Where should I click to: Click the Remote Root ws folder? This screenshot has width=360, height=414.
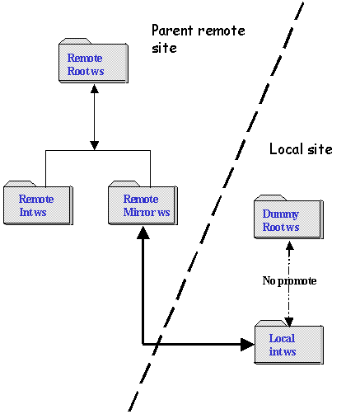[93, 61]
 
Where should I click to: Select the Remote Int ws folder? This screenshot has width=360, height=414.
[38, 203]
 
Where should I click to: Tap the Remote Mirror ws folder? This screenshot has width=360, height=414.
[143, 203]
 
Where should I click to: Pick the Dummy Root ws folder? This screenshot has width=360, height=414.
[288, 217]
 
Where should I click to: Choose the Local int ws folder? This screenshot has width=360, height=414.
[289, 342]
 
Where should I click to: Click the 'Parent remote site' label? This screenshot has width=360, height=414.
[199, 39]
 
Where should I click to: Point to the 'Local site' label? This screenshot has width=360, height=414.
[301, 149]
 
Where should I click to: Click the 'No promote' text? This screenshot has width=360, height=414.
[289, 280]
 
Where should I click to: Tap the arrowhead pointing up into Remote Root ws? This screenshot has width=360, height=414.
[95, 88]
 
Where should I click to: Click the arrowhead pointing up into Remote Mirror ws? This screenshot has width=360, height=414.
[143, 233]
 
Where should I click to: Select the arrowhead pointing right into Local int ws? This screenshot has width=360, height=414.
[247, 344]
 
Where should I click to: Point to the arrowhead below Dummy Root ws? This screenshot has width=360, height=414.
[290, 246]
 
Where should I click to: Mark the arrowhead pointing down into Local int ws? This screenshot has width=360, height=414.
[289, 322]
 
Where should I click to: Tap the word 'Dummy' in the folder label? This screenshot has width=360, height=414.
[281, 214]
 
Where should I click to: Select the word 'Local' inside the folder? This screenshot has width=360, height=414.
[282, 338]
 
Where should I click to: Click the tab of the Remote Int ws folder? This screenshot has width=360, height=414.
[20, 183]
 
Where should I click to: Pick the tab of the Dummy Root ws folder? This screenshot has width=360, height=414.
[270, 197]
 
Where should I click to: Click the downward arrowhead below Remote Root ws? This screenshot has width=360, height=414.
[95, 146]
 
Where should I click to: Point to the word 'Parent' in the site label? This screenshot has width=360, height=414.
[172, 31]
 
